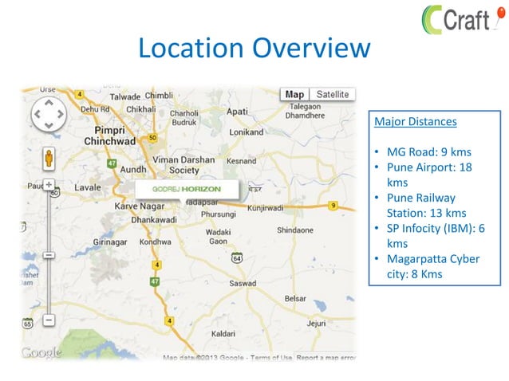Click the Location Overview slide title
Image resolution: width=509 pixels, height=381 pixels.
click(x=254, y=49)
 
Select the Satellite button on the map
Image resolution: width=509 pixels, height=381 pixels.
click(x=332, y=94)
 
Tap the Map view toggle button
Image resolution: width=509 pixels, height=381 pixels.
click(x=295, y=94)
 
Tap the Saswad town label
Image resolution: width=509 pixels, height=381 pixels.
click(x=243, y=283)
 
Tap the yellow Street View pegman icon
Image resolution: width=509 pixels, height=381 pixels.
click(x=49, y=157)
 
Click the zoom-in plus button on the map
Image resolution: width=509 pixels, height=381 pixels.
click(x=49, y=184)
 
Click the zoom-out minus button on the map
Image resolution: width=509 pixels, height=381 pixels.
click(x=49, y=320)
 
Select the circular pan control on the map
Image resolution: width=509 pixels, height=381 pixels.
click(x=48, y=115)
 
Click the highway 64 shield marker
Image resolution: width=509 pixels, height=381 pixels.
click(x=237, y=258)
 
